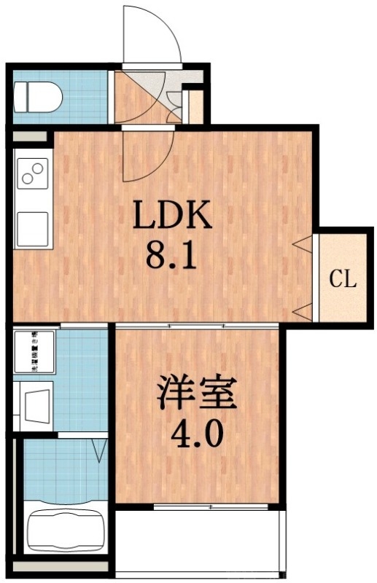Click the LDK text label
tap(171, 215)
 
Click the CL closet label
tap(342, 278)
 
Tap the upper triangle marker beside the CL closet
tap(302, 244)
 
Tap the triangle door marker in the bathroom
tap(101, 450)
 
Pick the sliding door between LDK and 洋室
tap(197, 324)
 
